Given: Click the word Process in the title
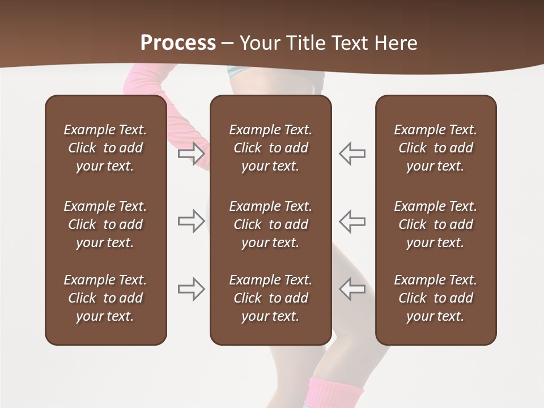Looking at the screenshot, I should click(178, 42).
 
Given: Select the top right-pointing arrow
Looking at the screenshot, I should click(192, 153).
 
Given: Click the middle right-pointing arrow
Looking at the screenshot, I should click(192, 221).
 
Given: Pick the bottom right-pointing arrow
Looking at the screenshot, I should click(192, 289).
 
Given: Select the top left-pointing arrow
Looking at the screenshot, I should click(352, 153).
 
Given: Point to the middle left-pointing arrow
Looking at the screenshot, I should click(352, 221).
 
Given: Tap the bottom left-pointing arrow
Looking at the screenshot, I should click(352, 289).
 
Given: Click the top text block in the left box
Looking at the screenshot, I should click(105, 148).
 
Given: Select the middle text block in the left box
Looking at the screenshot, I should click(105, 224).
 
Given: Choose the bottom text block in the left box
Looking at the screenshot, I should click(105, 298).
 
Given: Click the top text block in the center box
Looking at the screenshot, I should click(270, 148).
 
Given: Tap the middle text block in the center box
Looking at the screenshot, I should click(270, 224).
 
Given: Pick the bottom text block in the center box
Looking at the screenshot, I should click(270, 298).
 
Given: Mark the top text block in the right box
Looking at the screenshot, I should click(435, 148).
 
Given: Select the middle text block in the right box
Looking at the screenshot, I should click(435, 224).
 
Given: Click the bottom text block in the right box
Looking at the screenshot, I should click(435, 298).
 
